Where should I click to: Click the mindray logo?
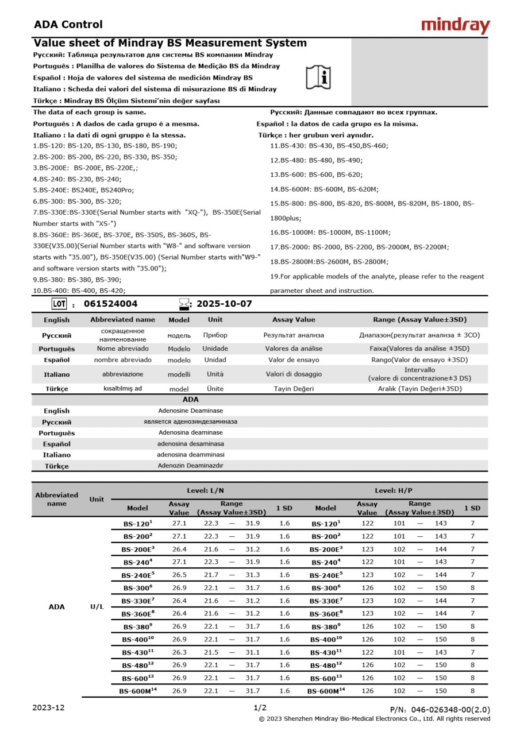point(455,25)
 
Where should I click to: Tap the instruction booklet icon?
point(318,76)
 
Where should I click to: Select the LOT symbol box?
point(59,304)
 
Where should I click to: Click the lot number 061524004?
point(110,304)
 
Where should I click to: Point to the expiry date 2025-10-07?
point(224,304)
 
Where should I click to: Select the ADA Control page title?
point(68,24)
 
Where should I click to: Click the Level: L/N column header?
point(205,490)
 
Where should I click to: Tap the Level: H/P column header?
point(393,490)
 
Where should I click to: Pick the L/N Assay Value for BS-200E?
point(179,549)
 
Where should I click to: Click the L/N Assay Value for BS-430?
point(179,652)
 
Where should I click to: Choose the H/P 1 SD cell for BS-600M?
point(472,691)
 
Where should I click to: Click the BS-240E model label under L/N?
point(138,575)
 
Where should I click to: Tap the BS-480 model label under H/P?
point(326,665)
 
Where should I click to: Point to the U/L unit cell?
point(97,606)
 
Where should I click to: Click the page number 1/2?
point(260,707)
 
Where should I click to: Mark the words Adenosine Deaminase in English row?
point(190,411)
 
